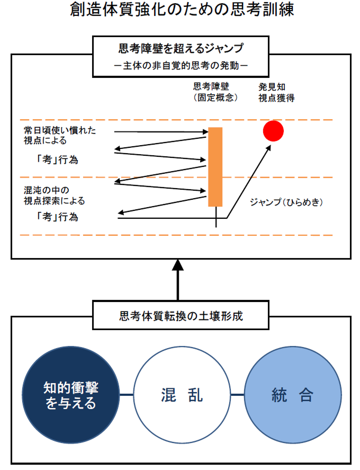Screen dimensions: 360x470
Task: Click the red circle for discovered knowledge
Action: pos(273,131)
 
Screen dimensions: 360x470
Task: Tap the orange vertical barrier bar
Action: pos(215,167)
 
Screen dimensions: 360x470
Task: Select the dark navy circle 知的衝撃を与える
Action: pos(71,395)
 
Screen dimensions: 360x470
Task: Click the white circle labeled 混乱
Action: pos(182,395)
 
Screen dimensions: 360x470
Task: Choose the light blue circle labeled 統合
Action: pos(293,395)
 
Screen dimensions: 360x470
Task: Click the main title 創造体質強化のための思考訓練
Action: pos(182,10)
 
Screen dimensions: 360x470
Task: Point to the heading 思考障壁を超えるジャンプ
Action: pos(181,48)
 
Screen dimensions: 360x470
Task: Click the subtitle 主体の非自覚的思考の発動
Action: pos(181,65)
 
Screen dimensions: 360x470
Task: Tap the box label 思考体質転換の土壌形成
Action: pos(181,316)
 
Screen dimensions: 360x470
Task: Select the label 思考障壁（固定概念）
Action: pos(215,92)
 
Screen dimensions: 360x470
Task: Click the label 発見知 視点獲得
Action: pos(276,92)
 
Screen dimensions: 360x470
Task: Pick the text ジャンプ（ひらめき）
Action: pos(286,202)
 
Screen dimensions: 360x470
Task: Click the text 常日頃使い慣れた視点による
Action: pos(60,135)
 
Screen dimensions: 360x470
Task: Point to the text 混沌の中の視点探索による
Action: pos(54,196)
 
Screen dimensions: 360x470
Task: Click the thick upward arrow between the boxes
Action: pos(177,280)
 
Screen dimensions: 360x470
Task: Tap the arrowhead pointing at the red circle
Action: pos(268,148)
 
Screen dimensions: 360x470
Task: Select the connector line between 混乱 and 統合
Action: pos(238,395)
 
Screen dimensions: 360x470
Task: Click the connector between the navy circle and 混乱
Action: pos(127,395)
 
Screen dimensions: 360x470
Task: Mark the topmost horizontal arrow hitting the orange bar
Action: pos(161,131)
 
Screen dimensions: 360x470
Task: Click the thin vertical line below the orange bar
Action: pos(216,217)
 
